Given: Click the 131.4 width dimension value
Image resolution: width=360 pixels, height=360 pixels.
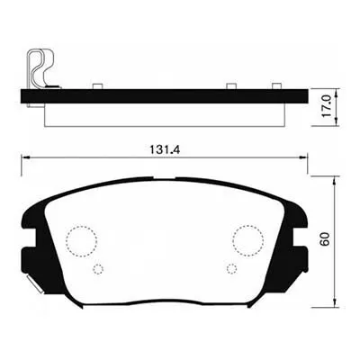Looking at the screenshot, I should (164, 151).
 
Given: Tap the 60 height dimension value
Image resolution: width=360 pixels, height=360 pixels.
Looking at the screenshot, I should (327, 240).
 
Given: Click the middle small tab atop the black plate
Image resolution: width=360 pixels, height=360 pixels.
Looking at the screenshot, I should (230, 86).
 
